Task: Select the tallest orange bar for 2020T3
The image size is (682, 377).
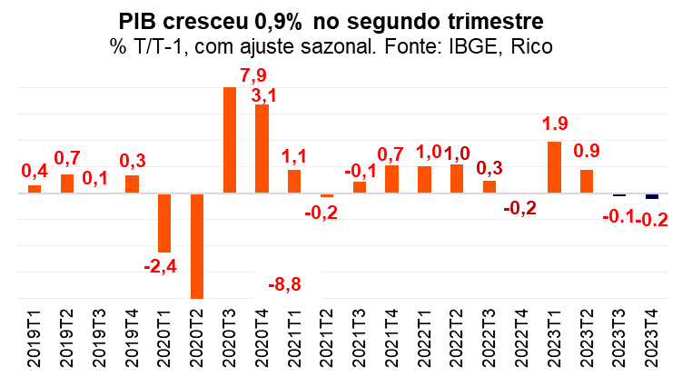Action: pos(230,140)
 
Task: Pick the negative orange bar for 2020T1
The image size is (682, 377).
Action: pos(164,223)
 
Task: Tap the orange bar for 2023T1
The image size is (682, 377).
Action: pos(554,167)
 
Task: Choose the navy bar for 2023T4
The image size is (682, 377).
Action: pos(651,196)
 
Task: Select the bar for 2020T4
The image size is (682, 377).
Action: pos(262,149)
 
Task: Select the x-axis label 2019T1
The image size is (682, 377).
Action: pos(35,339)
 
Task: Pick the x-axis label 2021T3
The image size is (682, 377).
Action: pos(360,339)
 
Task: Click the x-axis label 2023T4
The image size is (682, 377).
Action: pos(651,339)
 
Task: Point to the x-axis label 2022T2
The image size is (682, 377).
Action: pos(457,339)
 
